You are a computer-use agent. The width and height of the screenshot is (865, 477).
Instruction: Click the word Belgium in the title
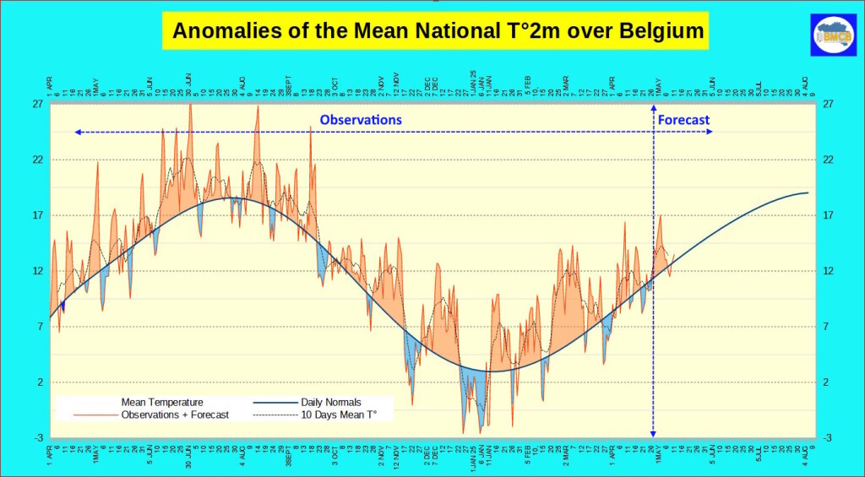point(657,32)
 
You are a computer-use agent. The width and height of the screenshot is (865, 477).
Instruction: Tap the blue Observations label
point(361,120)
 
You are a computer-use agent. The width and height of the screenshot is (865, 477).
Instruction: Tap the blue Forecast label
point(683,120)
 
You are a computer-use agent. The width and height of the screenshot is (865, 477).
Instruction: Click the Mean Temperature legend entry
point(162,402)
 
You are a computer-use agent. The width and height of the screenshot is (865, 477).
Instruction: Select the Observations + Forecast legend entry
point(175,415)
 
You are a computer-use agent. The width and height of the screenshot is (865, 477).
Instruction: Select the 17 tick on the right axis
point(829,215)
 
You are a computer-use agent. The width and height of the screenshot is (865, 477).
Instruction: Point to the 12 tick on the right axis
point(829,271)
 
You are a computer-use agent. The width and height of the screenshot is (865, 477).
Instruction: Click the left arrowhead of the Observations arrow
point(77,133)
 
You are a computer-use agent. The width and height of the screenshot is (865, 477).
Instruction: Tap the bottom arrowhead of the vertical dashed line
point(653,432)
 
